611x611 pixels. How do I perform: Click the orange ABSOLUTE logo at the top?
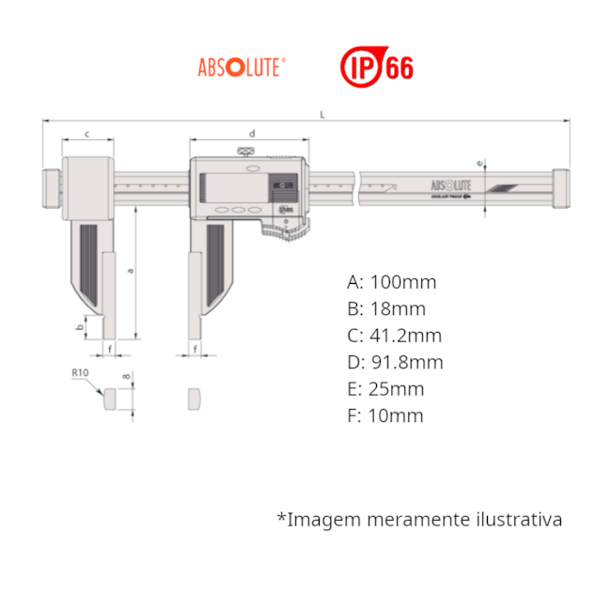pos(242,69)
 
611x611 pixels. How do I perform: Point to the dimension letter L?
pos(322,115)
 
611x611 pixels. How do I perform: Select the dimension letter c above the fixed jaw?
pos(87,133)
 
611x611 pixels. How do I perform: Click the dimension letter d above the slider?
pos(251,133)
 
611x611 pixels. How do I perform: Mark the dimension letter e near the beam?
pos(480,164)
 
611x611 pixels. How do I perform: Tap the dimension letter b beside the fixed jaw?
pos(80,327)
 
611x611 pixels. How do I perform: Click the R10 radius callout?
pos(81,373)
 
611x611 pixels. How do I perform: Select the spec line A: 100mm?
pos(391,282)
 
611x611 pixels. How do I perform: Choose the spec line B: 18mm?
pos(385,309)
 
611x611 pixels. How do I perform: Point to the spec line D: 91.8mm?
pos(394,363)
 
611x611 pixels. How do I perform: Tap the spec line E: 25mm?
pos(385,389)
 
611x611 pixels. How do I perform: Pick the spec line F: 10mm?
pos(385,415)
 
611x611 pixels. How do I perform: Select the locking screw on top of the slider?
pos(246,151)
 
